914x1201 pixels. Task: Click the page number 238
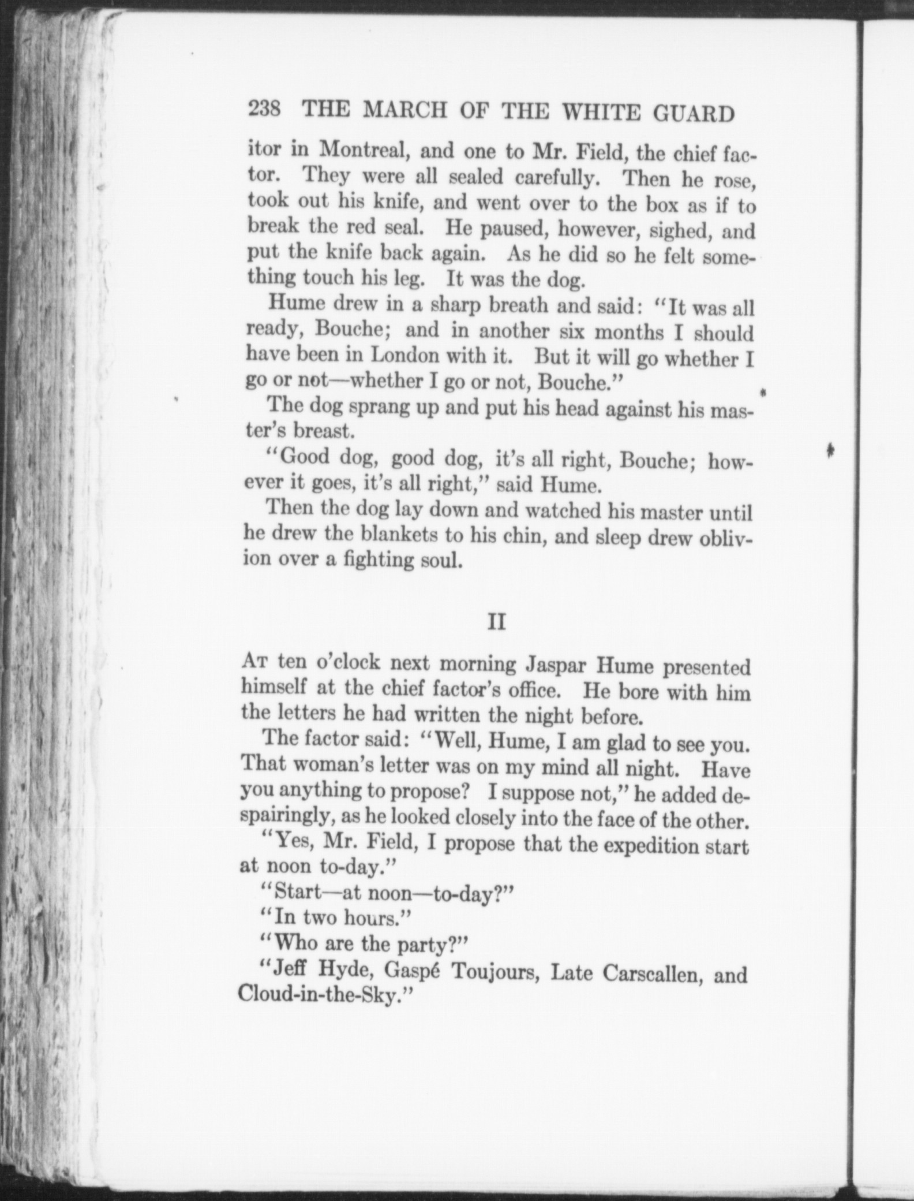(264, 110)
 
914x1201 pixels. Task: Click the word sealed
(475, 177)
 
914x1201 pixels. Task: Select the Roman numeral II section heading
(497, 622)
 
